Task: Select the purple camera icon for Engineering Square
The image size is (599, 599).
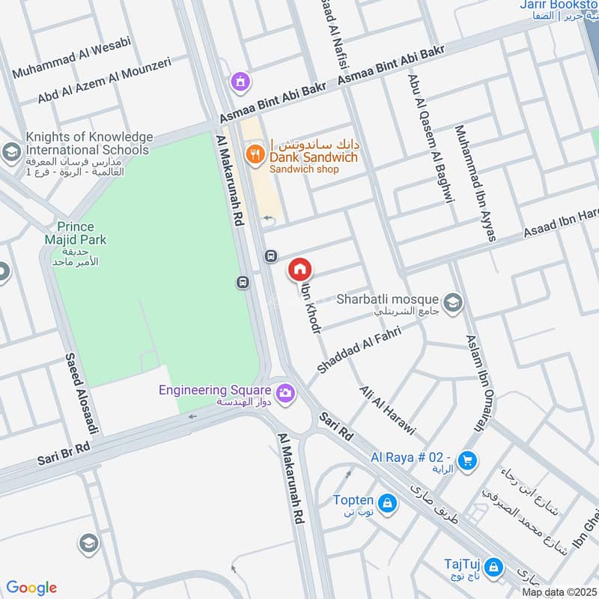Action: [285, 392]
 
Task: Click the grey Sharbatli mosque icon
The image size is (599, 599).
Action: [452, 303]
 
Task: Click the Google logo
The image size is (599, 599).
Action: [31, 588]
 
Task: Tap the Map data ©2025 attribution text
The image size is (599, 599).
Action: [558, 592]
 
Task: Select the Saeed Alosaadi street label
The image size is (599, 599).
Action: [82, 393]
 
